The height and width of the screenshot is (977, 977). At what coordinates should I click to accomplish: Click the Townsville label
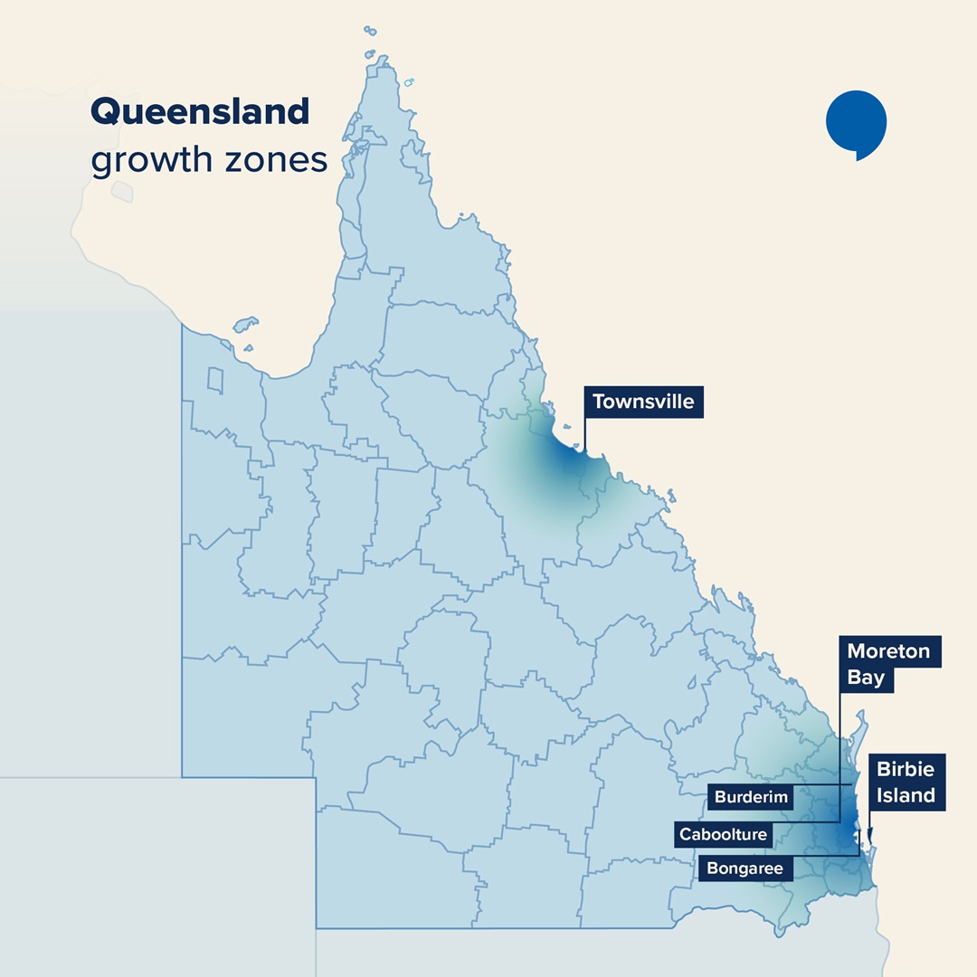pos(643,403)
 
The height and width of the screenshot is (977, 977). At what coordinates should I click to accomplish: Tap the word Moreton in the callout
pos(888,652)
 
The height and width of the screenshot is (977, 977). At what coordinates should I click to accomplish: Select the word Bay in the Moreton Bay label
pos(866,678)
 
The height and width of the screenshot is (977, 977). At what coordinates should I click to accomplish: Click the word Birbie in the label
pos(906,770)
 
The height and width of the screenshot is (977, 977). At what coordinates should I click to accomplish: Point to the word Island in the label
pos(906,796)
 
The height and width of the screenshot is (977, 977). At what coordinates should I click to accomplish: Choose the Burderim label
pos(753,798)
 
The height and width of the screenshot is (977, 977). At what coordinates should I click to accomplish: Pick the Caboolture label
pos(724,834)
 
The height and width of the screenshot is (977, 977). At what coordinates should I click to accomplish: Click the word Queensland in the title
pos(200,112)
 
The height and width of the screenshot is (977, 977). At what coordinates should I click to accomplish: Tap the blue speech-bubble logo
pos(856,123)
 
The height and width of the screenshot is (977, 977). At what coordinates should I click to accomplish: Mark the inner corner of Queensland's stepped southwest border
pos(316,777)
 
